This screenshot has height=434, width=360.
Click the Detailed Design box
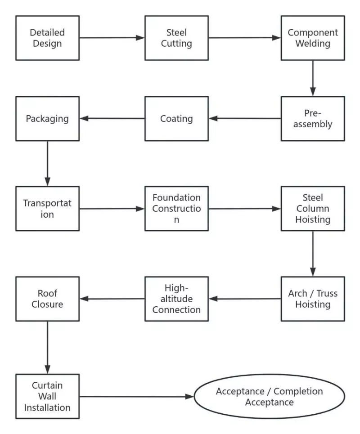tap(47, 38)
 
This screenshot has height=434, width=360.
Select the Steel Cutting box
tap(176, 38)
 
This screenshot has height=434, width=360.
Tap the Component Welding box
tap(313, 38)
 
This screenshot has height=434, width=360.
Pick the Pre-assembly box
tap(313, 118)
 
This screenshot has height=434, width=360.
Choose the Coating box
tap(176, 118)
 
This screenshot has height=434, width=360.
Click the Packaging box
tap(47, 118)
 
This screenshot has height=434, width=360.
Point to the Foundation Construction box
tap(176, 208)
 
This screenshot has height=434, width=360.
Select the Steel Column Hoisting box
tap(313, 208)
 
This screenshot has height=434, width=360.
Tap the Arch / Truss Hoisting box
tap(313, 299)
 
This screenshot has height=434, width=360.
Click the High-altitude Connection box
tap(176, 299)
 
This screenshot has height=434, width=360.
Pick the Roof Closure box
tap(47, 299)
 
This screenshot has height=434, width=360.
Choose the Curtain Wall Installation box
tap(47, 396)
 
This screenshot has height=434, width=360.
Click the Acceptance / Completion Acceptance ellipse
tap(270, 396)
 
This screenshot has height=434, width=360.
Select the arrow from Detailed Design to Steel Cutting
tap(112, 38)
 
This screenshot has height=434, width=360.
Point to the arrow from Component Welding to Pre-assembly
tap(313, 78)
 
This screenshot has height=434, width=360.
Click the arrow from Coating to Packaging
tap(112, 118)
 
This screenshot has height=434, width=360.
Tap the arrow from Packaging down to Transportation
tap(47, 164)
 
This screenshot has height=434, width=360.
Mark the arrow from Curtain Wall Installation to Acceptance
tap(137, 396)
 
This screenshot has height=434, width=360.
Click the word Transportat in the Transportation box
tap(47, 203)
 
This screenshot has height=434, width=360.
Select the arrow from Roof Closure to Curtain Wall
tap(47, 348)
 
